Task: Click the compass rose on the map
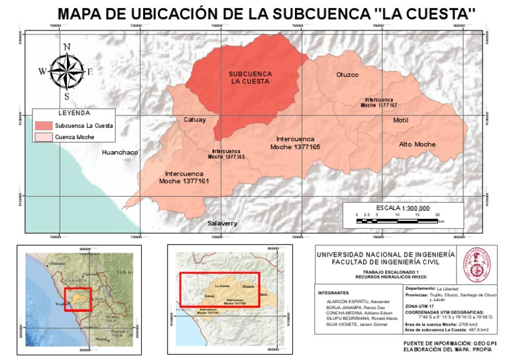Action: [66, 71]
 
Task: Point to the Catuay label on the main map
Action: [195, 119]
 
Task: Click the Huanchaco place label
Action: [119, 152]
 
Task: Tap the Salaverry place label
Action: [222, 223]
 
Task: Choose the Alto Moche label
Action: [417, 144]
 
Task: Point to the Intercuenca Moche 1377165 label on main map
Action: [296, 143]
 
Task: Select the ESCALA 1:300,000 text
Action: [403, 208]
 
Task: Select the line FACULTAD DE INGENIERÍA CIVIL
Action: [386, 263]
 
